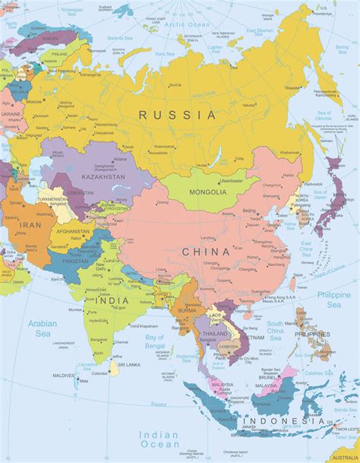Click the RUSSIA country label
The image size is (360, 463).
177,115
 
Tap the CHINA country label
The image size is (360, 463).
205,252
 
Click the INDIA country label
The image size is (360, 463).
112,300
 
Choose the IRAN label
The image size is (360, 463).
30,225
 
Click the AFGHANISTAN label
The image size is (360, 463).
73,231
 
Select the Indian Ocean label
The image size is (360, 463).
160,439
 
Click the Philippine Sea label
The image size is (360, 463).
334,299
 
